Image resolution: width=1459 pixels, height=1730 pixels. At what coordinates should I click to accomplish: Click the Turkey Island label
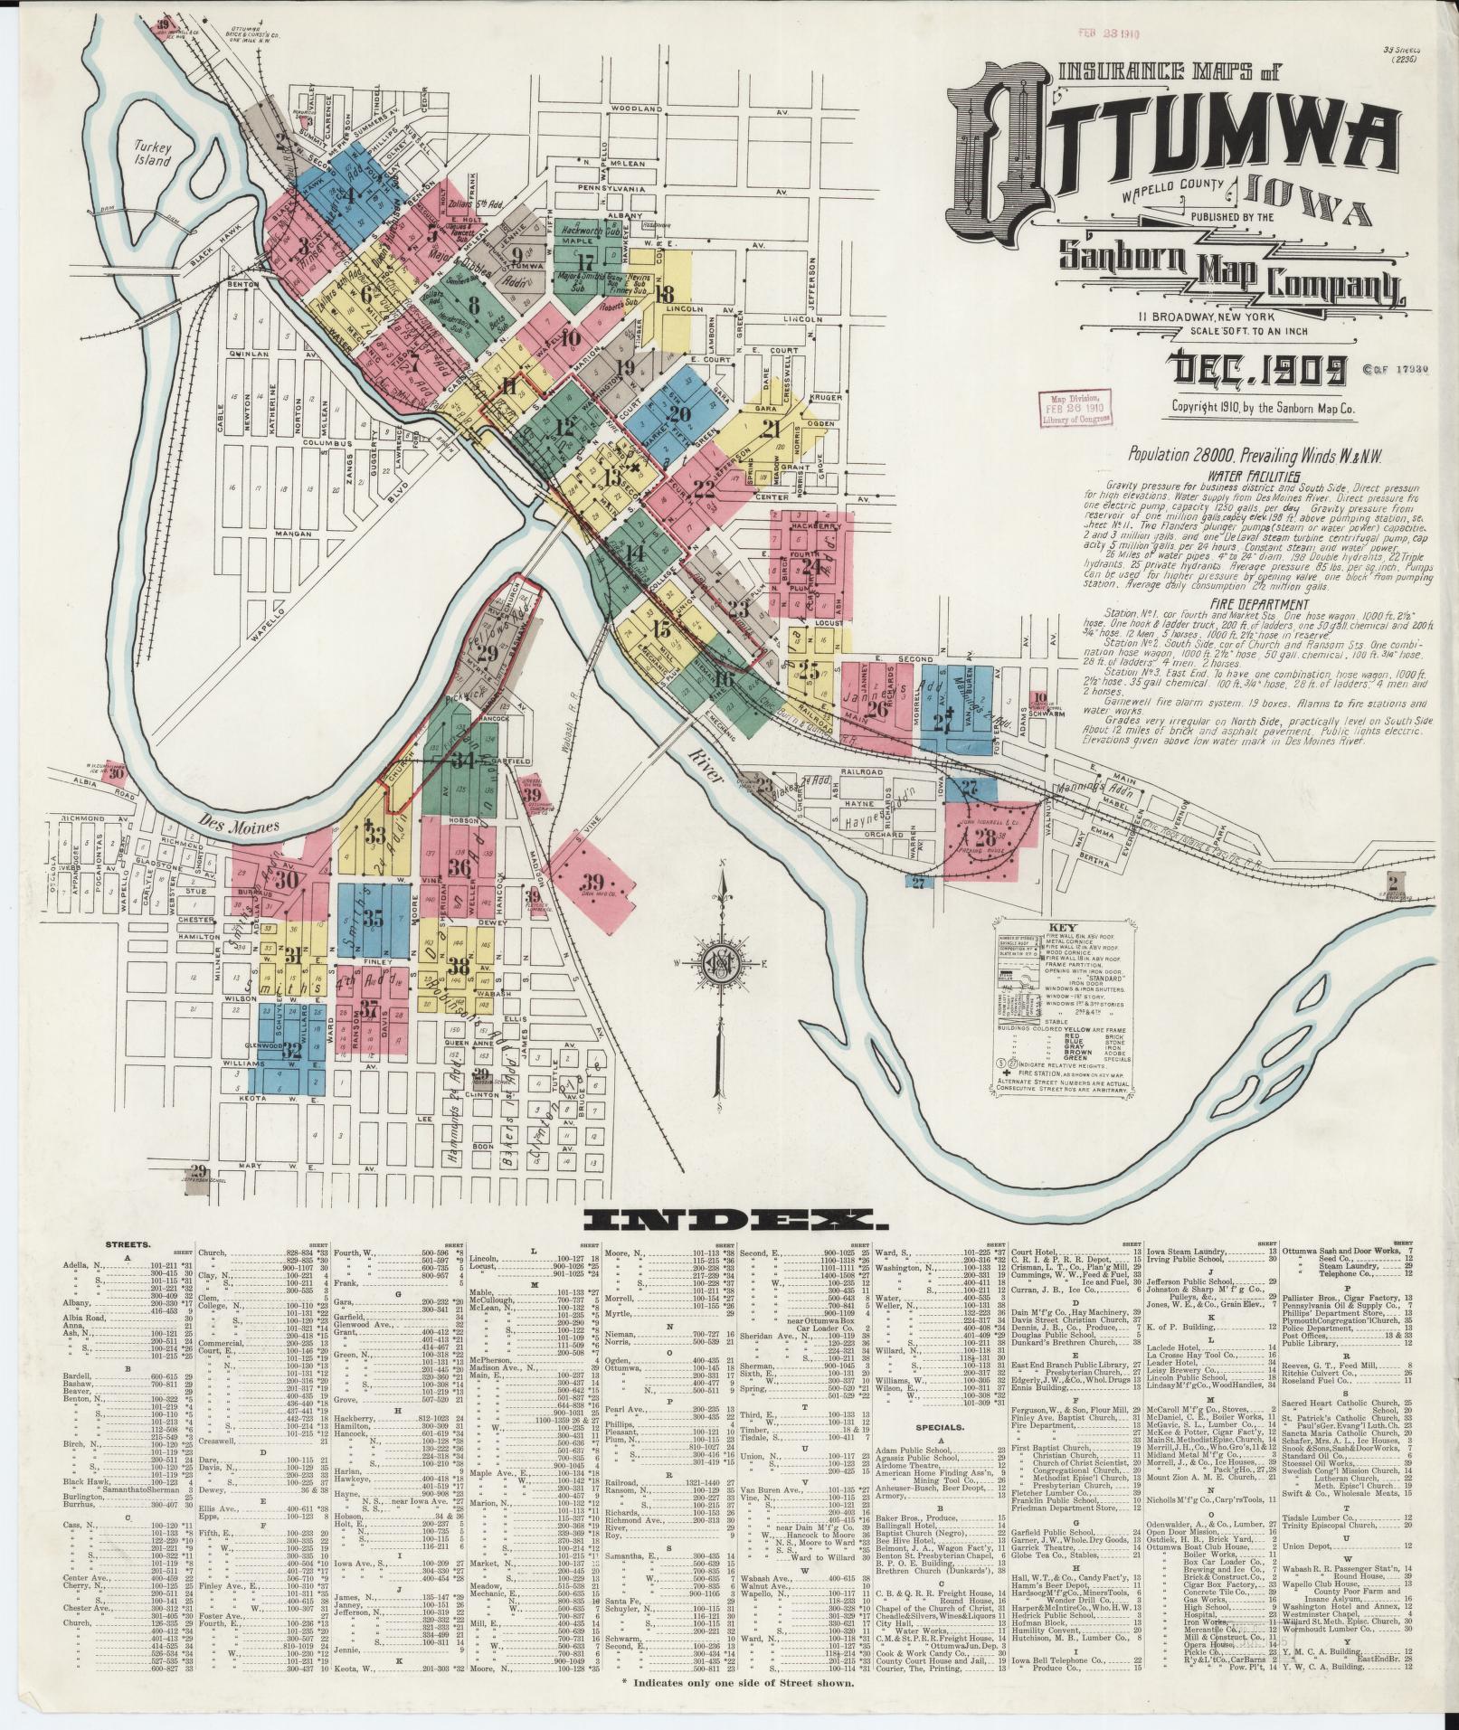click(153, 154)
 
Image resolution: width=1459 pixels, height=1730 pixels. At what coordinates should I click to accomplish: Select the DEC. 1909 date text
click(1256, 368)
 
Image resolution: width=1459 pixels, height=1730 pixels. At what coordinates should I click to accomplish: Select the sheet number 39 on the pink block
click(592, 882)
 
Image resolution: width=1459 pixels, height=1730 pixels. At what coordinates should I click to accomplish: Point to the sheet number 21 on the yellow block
click(771, 429)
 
